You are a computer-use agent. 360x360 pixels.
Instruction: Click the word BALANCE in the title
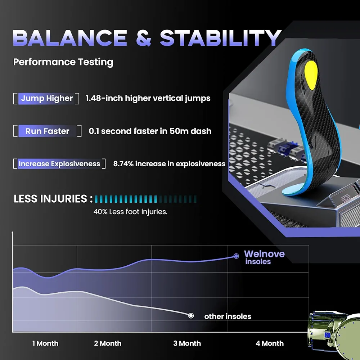[x=70, y=38]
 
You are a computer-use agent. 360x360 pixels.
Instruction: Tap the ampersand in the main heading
[x=144, y=38]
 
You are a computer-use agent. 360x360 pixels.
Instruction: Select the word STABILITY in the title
[x=221, y=38]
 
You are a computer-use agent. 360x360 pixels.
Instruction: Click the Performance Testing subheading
[x=63, y=62]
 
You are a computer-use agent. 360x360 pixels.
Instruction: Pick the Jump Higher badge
[x=46, y=99]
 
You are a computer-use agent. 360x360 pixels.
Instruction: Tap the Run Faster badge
[x=47, y=131]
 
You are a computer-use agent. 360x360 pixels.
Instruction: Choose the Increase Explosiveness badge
[x=59, y=164]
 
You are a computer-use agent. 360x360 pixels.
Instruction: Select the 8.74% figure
[x=123, y=164]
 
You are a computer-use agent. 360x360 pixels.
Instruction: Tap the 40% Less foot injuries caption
[x=130, y=212]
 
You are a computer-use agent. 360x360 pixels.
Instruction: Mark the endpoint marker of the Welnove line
[x=236, y=256]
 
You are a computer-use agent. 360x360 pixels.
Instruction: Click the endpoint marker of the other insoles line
[x=191, y=316]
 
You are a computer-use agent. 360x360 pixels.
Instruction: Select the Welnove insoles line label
[x=264, y=257]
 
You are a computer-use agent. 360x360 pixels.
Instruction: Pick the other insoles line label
[x=228, y=316]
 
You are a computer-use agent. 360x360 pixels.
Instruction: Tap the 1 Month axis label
[x=45, y=343]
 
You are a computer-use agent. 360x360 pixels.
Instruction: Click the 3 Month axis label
[x=187, y=343]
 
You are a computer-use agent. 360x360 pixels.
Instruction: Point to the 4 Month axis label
[x=270, y=343]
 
